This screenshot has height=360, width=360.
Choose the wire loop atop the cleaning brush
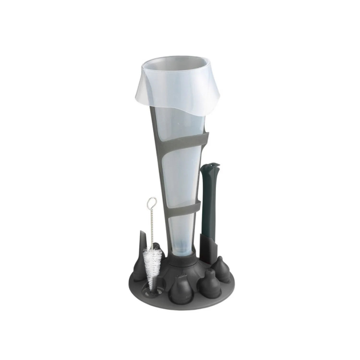(151, 202)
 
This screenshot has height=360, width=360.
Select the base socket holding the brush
(149, 290)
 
